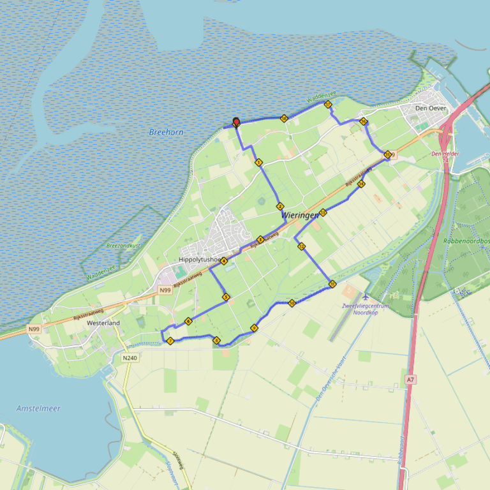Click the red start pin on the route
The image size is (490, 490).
[x=236, y=121]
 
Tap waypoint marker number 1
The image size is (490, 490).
[x=258, y=163]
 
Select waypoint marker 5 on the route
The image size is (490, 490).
[x=226, y=297]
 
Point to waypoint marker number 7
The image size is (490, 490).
[x=170, y=341]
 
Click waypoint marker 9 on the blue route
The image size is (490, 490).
[x=254, y=328]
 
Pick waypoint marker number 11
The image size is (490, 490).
[x=332, y=284]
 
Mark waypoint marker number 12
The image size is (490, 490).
[x=301, y=246]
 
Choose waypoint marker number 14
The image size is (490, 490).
[x=361, y=184]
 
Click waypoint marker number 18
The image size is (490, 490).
[x=284, y=118]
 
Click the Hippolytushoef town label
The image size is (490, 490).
[x=200, y=260]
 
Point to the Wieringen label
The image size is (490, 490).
[x=299, y=216]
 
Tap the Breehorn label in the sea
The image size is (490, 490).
[x=166, y=132]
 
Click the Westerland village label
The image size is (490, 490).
[x=103, y=323]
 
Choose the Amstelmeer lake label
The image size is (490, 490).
[x=38, y=408]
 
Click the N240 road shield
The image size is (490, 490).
[x=130, y=358]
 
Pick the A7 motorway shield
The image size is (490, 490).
[x=410, y=380]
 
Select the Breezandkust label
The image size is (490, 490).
[x=123, y=246]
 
